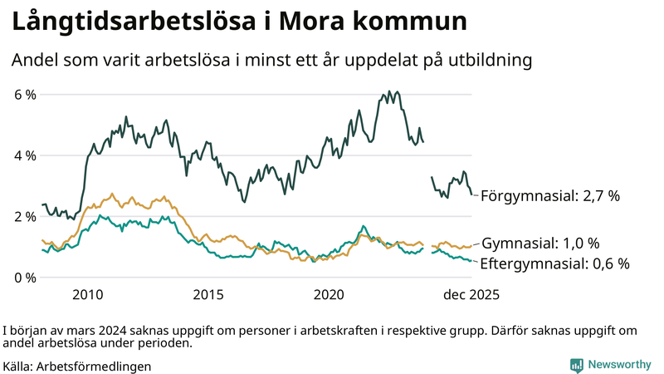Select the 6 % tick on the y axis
point(25,95)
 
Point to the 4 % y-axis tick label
point(25,155)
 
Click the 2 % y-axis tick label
point(25,216)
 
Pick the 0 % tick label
point(25,277)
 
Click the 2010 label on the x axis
point(87,294)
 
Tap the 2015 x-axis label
point(208,294)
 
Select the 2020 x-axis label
point(330,294)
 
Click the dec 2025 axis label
point(469,294)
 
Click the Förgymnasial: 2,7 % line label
point(550,196)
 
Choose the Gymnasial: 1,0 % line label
point(540,244)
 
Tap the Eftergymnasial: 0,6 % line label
point(555,263)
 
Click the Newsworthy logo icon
point(576,365)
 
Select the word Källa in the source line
point(17,366)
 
